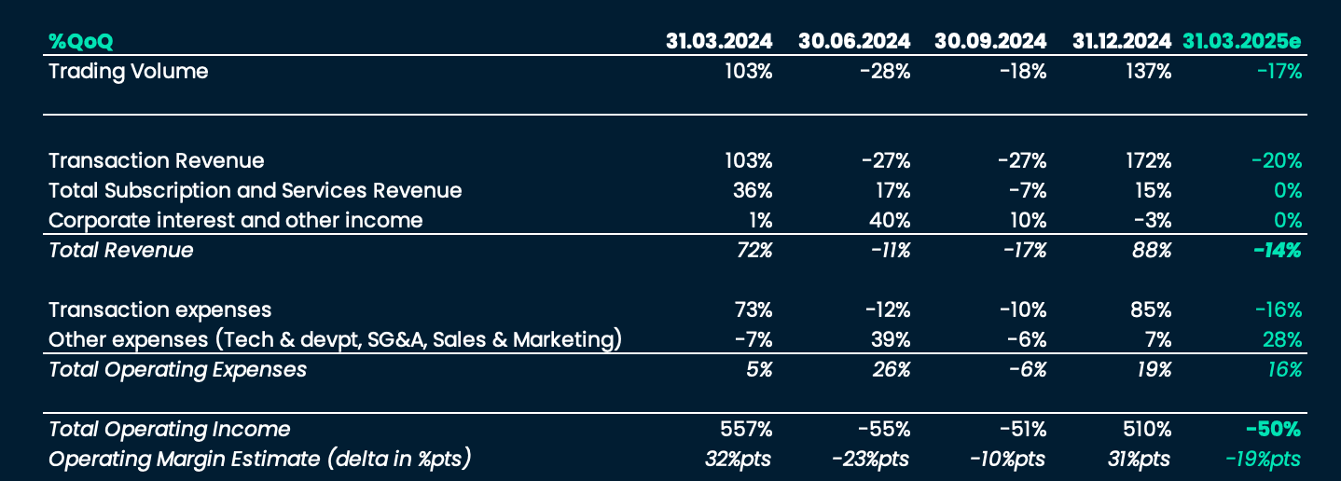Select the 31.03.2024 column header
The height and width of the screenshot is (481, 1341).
(x=718, y=41)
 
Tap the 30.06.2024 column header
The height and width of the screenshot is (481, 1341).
(x=853, y=41)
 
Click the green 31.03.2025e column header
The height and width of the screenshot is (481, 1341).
(x=1241, y=41)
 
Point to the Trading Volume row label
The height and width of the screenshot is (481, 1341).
(x=128, y=71)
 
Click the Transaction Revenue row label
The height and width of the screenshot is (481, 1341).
(x=156, y=160)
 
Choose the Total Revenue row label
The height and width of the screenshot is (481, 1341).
(x=120, y=250)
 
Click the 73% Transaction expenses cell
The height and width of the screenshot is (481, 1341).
(x=753, y=309)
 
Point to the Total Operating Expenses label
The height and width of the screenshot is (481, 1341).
(x=177, y=369)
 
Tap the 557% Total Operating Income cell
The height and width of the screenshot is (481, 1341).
(x=747, y=429)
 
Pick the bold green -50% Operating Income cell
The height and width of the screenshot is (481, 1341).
(x=1273, y=429)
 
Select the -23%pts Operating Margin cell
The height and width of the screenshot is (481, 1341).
(x=870, y=459)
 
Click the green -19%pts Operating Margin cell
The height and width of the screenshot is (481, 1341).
(x=1262, y=459)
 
